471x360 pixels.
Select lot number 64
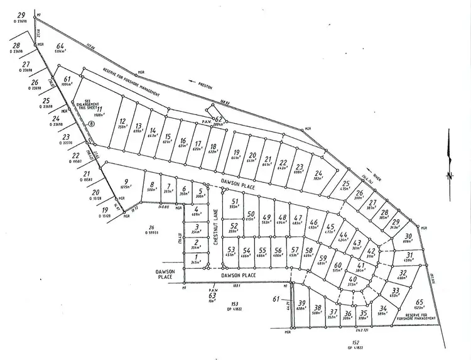(x=61, y=46)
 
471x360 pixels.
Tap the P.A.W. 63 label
(x=212, y=292)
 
